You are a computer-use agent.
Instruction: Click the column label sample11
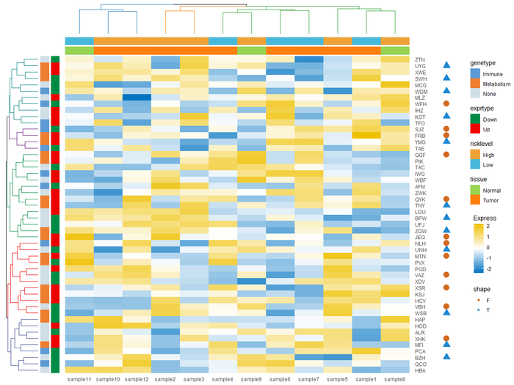[79, 379]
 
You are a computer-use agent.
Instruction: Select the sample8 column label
[395, 379]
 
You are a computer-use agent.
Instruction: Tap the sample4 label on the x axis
[223, 379]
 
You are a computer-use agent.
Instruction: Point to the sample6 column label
[280, 379]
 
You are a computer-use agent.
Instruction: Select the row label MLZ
[420, 98]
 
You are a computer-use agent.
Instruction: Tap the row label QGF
[420, 155]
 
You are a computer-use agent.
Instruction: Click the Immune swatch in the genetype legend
[475, 74]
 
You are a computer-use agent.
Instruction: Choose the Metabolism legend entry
[475, 84]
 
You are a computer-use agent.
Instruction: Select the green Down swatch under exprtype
[475, 119]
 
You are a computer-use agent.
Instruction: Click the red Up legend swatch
[475, 129]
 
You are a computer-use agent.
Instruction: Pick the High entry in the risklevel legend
[475, 153]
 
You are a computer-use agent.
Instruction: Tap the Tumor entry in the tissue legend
[475, 199]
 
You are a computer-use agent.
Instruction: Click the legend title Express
[482, 218]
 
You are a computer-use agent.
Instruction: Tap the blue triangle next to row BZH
[445, 356]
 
